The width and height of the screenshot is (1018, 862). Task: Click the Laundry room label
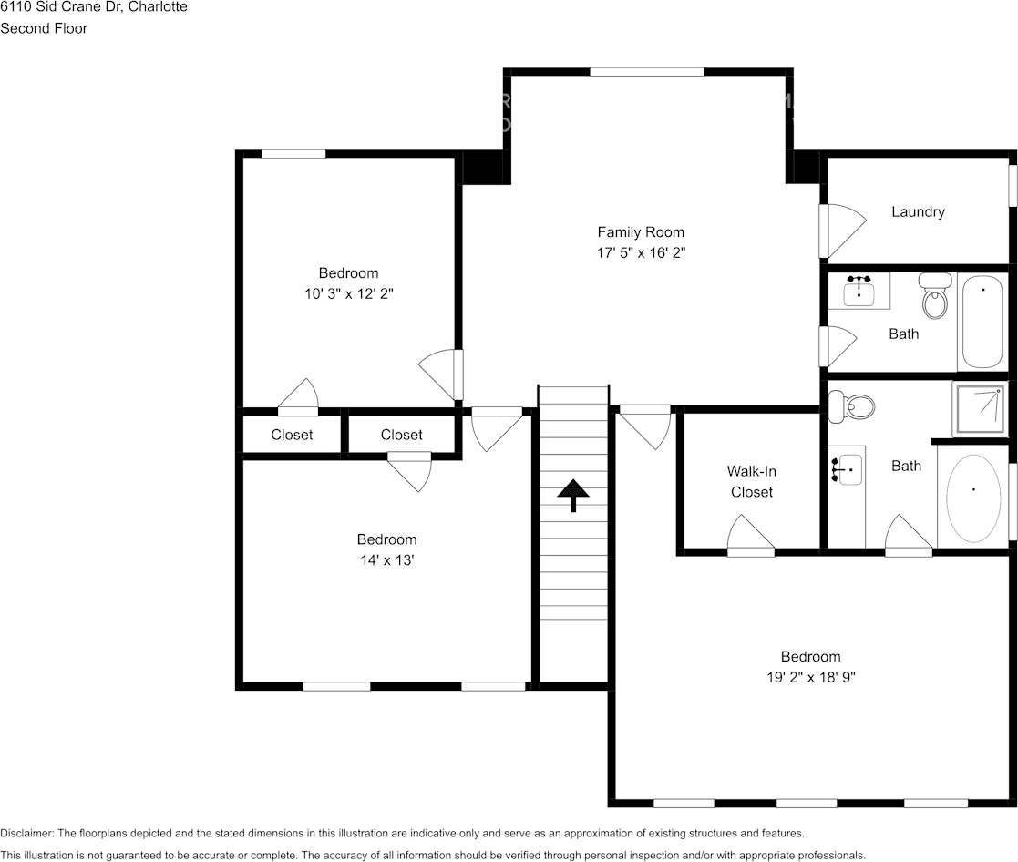point(918,211)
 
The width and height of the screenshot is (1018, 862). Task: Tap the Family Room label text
point(641,232)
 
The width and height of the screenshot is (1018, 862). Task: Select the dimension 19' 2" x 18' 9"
point(811,677)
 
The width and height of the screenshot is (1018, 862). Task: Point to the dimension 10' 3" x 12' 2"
point(349,293)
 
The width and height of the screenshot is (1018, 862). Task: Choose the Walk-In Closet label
point(752,482)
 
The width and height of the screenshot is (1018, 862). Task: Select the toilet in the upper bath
point(934,295)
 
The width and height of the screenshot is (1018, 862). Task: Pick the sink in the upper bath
point(859,290)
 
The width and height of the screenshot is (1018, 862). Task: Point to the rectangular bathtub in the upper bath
point(983,323)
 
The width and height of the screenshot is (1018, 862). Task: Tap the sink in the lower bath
point(847,468)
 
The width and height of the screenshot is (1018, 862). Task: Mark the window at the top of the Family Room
point(647,72)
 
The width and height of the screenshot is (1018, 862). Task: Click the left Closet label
point(292,435)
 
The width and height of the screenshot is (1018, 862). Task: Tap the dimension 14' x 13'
point(387,560)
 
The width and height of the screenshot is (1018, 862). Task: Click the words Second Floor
point(44,28)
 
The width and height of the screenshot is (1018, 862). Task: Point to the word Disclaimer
point(26,834)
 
